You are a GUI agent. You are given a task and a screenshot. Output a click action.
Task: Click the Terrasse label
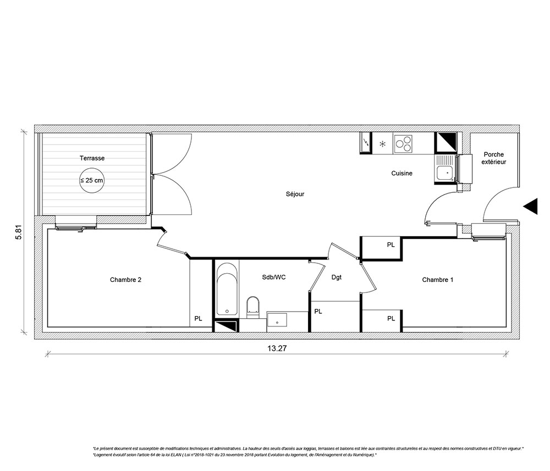tap(92, 158)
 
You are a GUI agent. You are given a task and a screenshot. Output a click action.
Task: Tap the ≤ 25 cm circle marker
tap(92, 180)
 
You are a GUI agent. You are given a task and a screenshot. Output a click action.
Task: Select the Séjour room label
tap(295, 194)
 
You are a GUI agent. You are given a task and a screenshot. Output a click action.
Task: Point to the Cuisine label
tap(402, 173)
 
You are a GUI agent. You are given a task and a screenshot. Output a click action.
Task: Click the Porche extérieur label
tap(493, 158)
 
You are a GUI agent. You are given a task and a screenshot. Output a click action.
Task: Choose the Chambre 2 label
tap(125, 280)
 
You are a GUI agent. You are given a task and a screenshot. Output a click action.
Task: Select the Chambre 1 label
tap(437, 280)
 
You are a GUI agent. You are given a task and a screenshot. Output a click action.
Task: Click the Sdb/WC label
tap(273, 277)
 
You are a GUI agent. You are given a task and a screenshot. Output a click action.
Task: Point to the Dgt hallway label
tap(337, 278)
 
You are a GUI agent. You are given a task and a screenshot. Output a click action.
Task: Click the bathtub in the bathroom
tap(227, 290)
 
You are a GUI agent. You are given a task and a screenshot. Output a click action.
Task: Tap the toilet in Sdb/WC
tap(252, 307)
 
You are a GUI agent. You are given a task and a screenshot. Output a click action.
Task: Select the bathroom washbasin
tap(277, 320)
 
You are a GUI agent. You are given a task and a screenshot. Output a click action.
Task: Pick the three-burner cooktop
tap(403, 143)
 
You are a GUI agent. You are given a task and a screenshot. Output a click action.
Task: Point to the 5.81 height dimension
tap(19, 231)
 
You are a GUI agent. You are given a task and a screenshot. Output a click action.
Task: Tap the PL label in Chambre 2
tap(198, 319)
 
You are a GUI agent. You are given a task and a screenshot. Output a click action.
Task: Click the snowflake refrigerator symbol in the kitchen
tap(383, 143)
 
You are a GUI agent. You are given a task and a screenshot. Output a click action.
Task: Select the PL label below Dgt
tap(318, 311)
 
